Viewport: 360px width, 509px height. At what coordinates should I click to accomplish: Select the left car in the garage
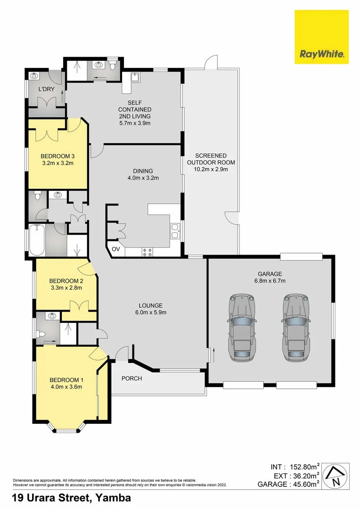point(243,328)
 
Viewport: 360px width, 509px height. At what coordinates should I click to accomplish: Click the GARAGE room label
point(270,274)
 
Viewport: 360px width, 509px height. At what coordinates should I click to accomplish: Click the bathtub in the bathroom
point(37,240)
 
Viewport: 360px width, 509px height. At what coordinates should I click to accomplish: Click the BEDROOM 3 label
point(57,156)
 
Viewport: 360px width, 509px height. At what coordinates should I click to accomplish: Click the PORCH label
point(131,378)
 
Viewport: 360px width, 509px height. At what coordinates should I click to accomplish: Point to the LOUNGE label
point(150,305)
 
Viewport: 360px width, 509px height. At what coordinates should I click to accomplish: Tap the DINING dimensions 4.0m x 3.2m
point(143,178)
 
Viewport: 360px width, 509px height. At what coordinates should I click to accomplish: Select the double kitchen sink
point(175,231)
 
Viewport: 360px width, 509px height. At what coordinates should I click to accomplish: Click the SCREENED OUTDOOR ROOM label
point(211,159)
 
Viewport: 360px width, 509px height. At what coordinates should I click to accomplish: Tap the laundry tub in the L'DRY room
point(34,75)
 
